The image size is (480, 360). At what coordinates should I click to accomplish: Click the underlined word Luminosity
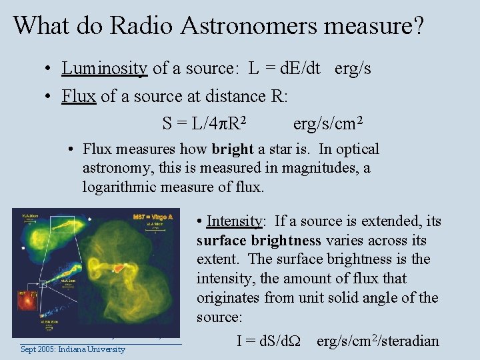104,68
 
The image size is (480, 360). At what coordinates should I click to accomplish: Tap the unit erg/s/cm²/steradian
378,341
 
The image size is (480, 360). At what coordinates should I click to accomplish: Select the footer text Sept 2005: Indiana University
73,349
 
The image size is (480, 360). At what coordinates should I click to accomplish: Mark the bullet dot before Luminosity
49,69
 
